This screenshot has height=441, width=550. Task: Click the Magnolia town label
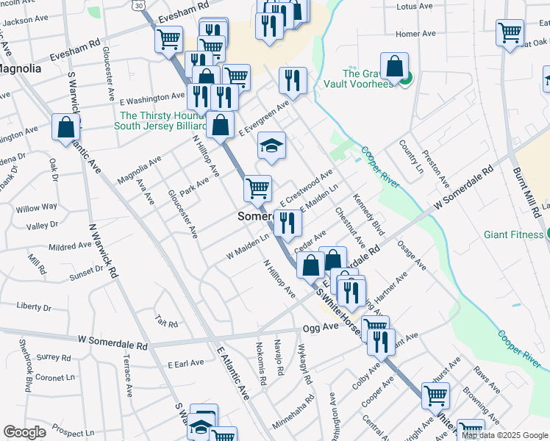click(20, 68)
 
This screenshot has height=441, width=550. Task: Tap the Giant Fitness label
click(513, 235)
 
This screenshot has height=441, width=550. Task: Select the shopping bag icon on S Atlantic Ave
click(66, 127)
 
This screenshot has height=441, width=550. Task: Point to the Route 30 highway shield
click(139, 4)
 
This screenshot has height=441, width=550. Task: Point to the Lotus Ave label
click(413, 7)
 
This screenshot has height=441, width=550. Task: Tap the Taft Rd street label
click(167, 322)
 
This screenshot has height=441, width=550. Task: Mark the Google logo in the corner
click(24, 432)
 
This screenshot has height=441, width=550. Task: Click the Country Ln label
click(411, 157)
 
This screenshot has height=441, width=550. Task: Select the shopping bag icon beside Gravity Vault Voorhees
click(395, 65)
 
